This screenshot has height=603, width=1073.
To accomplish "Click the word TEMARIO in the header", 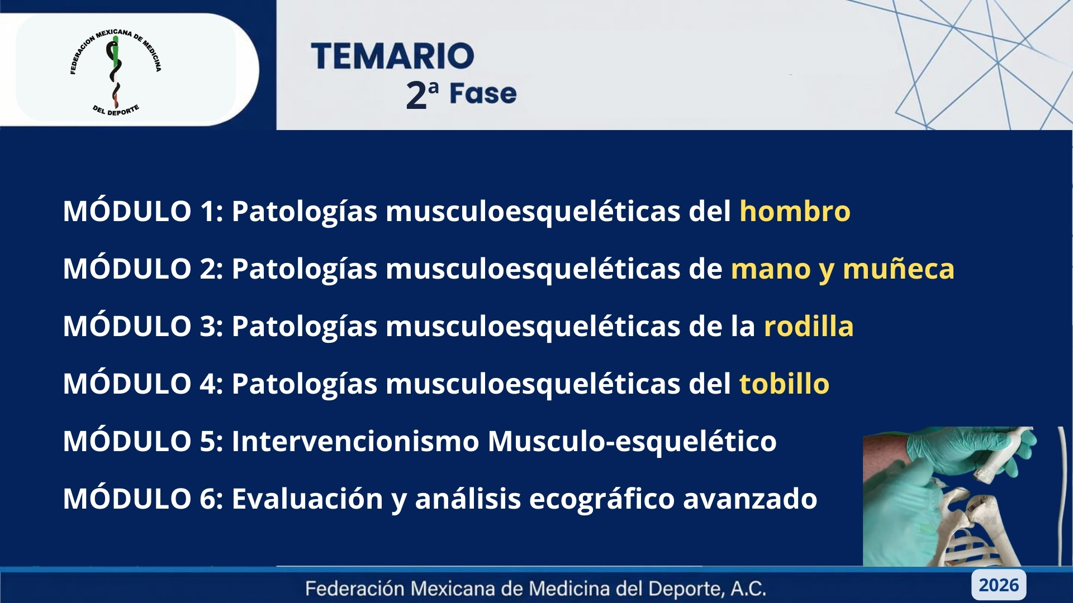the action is pyautogui.click(x=392, y=56).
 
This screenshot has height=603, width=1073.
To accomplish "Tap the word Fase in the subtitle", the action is pyautogui.click(x=483, y=94).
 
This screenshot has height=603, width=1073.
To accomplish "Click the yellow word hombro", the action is pyautogui.click(x=795, y=211).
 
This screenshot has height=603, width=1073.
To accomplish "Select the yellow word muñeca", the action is pyautogui.click(x=899, y=269).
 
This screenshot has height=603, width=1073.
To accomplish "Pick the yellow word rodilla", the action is pyautogui.click(x=809, y=326).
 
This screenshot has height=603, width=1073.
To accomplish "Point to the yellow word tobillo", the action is pyautogui.click(x=784, y=384).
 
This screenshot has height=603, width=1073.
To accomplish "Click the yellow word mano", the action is pyautogui.click(x=771, y=270).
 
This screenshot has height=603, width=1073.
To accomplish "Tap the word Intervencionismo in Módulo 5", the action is pyautogui.click(x=355, y=441).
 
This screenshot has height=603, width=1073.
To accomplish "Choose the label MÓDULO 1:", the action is pyautogui.click(x=143, y=210).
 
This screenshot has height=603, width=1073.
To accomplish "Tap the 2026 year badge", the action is pyautogui.click(x=999, y=585).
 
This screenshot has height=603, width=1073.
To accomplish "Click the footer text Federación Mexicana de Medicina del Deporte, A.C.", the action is pyautogui.click(x=536, y=588).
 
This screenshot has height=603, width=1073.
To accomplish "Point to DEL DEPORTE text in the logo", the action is pyautogui.click(x=116, y=110).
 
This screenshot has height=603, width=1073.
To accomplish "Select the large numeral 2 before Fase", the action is pyautogui.click(x=416, y=95).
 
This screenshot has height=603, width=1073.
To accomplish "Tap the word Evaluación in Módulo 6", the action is pyautogui.click(x=307, y=500).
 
